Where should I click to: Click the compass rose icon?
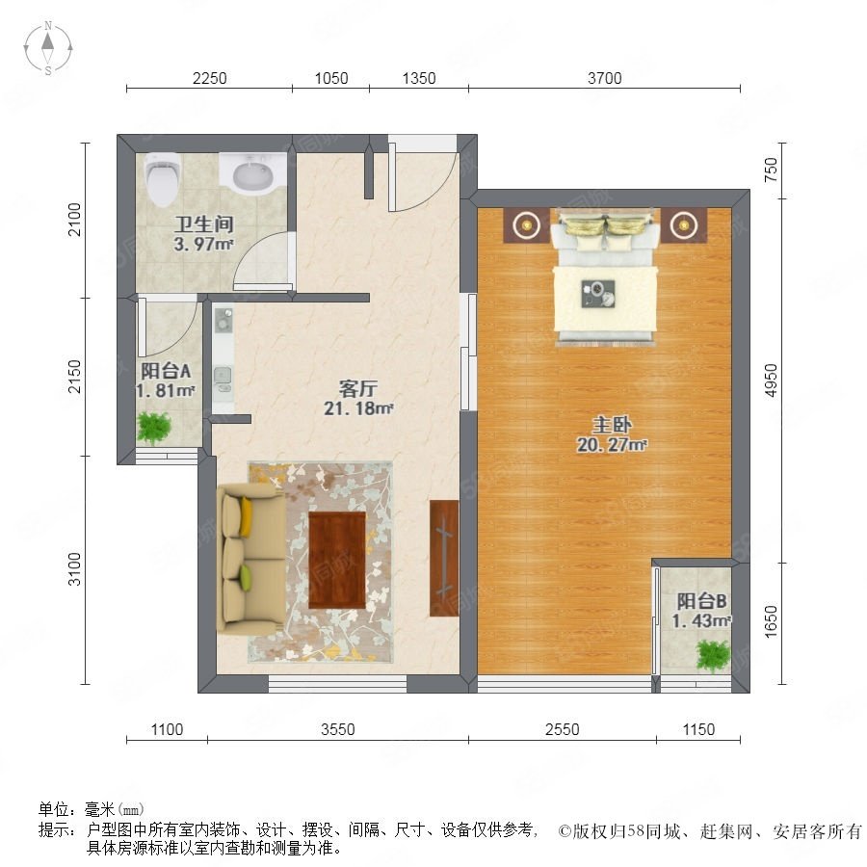48,48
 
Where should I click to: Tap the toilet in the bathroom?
163,178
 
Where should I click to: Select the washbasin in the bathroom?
252,173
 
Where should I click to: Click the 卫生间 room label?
204,223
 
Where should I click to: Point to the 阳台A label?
166,371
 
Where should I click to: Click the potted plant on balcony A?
154,428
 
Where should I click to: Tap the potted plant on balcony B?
713,656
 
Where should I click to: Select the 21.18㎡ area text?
358,408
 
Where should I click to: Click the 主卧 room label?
612,425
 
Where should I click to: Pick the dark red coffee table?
337,560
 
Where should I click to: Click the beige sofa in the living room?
251,559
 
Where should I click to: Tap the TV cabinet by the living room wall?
444,558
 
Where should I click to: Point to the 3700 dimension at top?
604,79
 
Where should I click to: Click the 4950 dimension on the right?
771,380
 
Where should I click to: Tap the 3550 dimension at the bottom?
338,729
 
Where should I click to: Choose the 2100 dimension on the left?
74,220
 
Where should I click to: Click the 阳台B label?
701,601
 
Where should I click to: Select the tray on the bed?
597,294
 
